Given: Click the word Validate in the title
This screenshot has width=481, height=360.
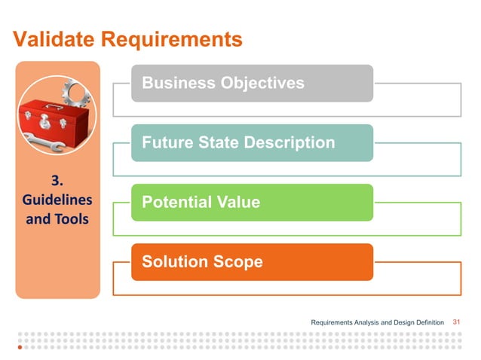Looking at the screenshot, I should click(x=52, y=38).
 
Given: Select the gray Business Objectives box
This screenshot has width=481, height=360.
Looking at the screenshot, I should click(x=252, y=83).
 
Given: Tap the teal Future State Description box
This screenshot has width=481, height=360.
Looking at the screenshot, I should click(x=252, y=142).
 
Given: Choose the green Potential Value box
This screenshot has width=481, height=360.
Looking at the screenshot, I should click(x=252, y=202).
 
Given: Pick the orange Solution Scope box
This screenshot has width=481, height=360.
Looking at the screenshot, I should click(x=252, y=261).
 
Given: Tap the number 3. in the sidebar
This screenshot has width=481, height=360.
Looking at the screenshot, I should click(x=57, y=182).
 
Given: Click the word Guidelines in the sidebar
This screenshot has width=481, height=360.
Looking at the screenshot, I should click(x=57, y=200).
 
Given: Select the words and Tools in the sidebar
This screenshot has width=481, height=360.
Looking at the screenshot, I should click(x=57, y=219).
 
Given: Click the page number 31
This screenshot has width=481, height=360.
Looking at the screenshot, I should click(x=456, y=322).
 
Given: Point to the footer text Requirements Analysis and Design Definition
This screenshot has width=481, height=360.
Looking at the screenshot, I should click(x=378, y=323).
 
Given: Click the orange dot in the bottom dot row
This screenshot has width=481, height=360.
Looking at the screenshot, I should click(x=20, y=349).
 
